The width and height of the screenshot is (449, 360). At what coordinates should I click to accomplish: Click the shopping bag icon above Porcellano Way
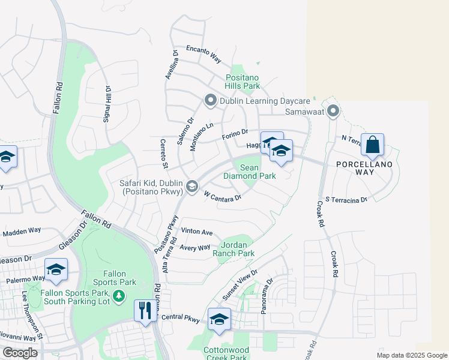click(x=372, y=145)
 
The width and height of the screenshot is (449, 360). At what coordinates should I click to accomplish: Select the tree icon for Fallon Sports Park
click(x=119, y=295)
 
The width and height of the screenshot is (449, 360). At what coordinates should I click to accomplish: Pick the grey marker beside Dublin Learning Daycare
click(x=210, y=101)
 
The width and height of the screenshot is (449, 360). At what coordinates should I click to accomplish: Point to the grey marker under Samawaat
click(x=334, y=112)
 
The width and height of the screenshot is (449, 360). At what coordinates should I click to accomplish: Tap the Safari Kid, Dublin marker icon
click(x=191, y=187)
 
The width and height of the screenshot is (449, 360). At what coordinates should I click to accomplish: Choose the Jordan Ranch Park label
click(x=238, y=249)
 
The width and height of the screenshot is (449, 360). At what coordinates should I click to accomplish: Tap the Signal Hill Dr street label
click(x=107, y=104)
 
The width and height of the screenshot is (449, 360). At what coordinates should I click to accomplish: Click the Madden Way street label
click(x=22, y=230)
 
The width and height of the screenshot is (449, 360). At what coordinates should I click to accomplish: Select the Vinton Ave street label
click(x=197, y=232)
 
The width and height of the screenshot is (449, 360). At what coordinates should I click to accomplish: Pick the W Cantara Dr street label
click(x=223, y=196)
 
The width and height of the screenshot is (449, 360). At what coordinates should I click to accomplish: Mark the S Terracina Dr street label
click(x=346, y=199)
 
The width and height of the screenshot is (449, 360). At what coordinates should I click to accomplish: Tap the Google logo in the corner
click(x=20, y=353)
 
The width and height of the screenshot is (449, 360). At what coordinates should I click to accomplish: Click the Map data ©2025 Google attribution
click(x=411, y=355)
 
